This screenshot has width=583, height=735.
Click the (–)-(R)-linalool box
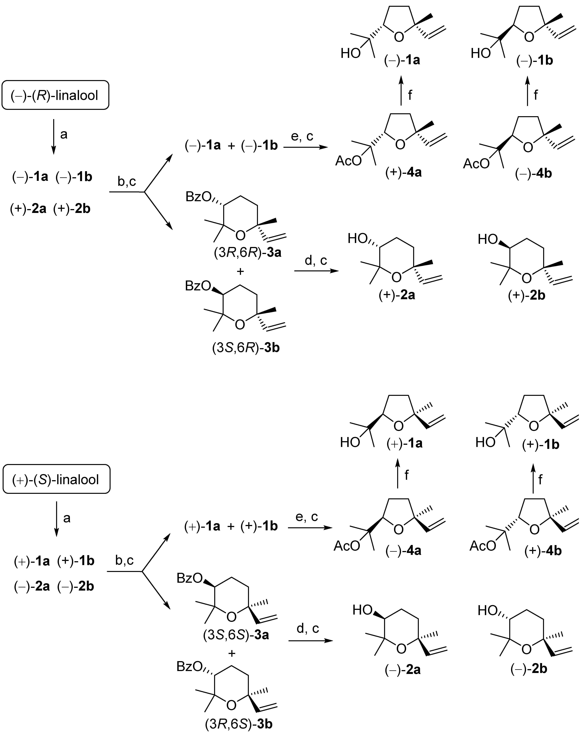pos(55,95)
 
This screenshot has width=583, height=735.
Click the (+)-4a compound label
pos(403,172)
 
